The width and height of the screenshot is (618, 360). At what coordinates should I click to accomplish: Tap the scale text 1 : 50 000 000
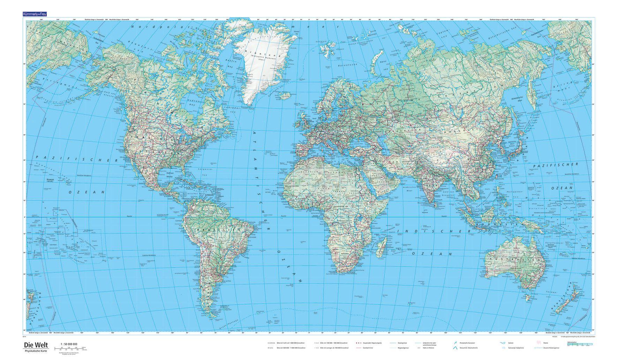pos(69,344)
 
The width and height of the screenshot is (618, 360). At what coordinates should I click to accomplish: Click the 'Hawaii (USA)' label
pos(50,180)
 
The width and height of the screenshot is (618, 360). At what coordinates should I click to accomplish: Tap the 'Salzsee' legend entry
pos(511,343)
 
